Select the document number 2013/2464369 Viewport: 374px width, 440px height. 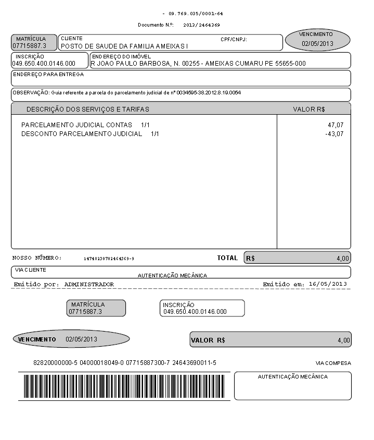(x=202, y=25)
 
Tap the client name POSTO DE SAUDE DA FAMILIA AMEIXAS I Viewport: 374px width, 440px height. (x=124, y=46)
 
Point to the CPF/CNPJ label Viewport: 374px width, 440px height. (x=234, y=39)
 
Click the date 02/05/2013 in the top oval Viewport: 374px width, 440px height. (x=317, y=44)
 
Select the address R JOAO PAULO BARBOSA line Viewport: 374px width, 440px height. (x=198, y=64)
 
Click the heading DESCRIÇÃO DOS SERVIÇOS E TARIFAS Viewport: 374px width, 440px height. (x=87, y=109)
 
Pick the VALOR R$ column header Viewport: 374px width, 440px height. (x=309, y=109)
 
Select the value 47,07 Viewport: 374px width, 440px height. (x=336, y=125)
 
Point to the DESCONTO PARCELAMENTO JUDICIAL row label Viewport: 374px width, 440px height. (x=82, y=134)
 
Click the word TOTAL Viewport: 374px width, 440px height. (x=227, y=258)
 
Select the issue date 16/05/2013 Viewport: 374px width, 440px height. (x=327, y=284)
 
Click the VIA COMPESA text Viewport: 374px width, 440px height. (x=333, y=363)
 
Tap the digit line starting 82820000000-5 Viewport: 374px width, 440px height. (x=125, y=362)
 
